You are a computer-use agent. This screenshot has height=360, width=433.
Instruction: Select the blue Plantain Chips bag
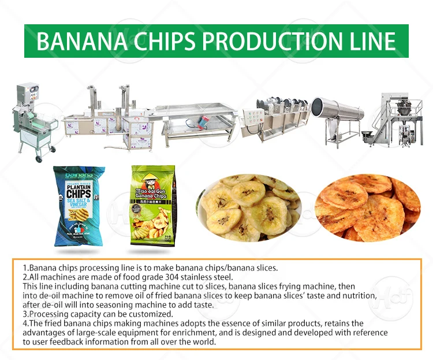click(79, 205)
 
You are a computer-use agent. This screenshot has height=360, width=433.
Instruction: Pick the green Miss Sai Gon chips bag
click(151, 205)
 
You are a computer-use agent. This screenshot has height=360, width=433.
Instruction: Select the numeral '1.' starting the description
click(25, 268)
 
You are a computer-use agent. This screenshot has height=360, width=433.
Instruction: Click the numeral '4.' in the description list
click(25, 323)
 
